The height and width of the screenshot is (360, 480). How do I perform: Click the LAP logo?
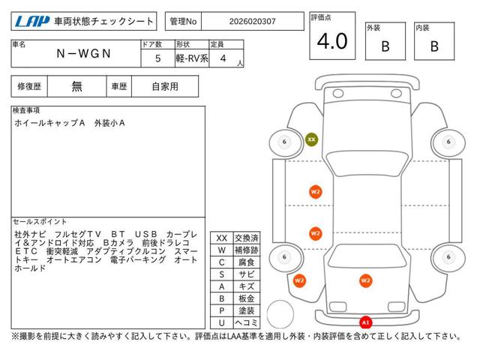(29, 22)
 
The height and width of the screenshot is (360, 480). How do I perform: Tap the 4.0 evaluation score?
(331, 42)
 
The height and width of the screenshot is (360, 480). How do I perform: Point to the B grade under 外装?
(385, 46)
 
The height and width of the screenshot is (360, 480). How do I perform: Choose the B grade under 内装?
(434, 46)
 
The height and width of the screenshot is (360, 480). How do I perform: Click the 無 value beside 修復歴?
(77, 86)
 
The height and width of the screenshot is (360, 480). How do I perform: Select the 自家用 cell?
(165, 86)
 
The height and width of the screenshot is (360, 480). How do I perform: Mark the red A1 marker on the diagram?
(365, 322)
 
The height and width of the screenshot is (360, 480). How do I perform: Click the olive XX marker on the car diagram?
(311, 139)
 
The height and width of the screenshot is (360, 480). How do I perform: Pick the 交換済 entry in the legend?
(247, 238)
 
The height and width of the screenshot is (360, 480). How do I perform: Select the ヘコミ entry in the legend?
(247, 322)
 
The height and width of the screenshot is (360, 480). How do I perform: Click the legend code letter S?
(221, 274)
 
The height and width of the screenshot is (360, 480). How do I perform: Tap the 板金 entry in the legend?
(247, 298)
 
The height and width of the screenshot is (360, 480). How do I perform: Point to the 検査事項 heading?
(27, 110)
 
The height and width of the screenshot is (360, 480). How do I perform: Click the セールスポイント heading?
(40, 222)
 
